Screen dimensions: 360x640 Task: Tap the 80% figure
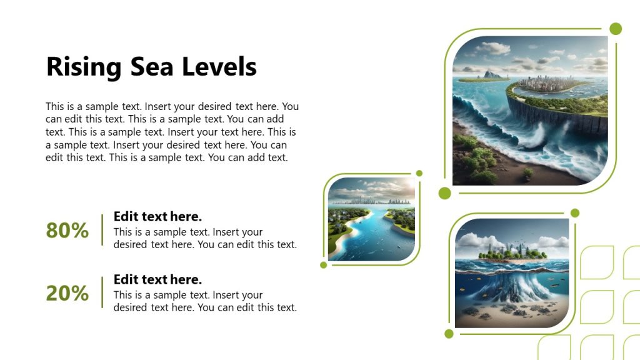(67, 231)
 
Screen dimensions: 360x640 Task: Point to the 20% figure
(67, 293)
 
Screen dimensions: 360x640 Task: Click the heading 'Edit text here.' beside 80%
(157, 217)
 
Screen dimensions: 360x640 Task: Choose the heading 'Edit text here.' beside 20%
(157, 279)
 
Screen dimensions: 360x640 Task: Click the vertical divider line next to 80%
(102, 230)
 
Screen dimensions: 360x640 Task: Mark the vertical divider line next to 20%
(102, 292)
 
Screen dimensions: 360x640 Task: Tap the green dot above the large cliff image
(616, 29)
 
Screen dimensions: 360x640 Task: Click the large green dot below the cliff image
(445, 193)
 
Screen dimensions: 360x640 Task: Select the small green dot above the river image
(419, 173)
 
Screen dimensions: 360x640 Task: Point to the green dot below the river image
(324, 265)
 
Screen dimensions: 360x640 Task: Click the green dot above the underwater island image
(575, 213)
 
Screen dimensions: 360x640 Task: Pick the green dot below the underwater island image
(449, 334)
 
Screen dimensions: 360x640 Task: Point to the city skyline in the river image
(372, 201)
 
